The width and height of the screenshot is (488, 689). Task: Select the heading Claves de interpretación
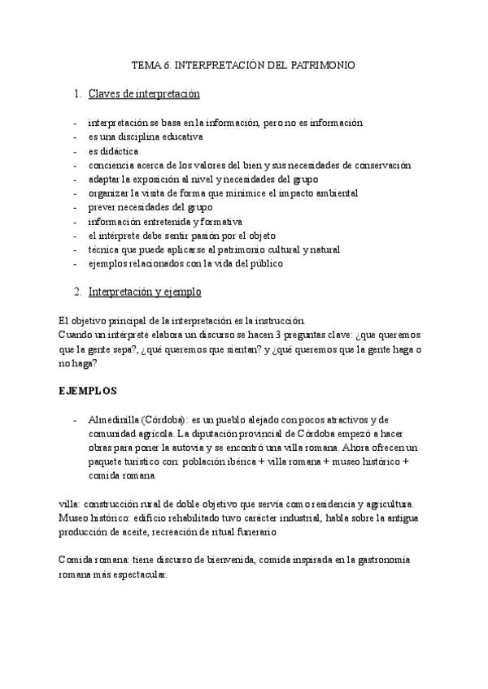(x=144, y=94)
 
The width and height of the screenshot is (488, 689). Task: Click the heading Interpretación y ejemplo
(x=145, y=291)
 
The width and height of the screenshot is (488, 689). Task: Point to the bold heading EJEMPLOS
(x=88, y=390)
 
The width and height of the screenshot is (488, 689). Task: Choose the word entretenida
(x=165, y=222)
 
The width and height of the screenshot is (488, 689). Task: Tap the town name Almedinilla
(x=113, y=419)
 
